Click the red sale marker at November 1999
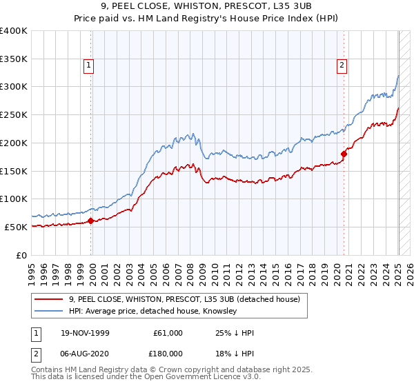tap(90, 221)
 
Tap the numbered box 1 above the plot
tap(90, 66)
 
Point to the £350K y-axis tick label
tap(14, 59)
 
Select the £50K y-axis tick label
tap(16, 227)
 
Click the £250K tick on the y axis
tap(14, 115)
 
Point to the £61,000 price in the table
tap(168, 333)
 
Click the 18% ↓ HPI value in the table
tap(235, 353)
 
